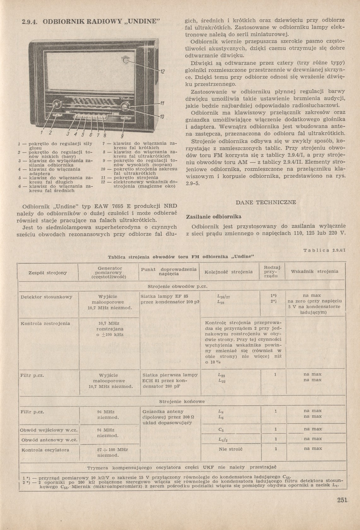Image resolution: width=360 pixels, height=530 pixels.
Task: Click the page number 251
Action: pos(342,500)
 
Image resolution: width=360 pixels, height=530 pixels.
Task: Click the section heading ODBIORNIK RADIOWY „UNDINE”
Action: pos(92,22)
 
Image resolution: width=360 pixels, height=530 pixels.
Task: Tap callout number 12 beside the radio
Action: pos(162,72)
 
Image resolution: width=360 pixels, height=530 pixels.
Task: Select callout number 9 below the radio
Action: pos(122,136)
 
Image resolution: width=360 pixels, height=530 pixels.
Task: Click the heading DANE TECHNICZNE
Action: pos(266,202)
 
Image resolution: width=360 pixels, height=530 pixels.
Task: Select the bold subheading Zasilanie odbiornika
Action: pos(214,217)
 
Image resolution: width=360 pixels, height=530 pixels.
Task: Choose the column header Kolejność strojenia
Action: pos(229,272)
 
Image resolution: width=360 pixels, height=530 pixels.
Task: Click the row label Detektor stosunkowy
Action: pos(46,297)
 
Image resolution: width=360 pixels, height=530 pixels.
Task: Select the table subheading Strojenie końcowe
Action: pos(182,401)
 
